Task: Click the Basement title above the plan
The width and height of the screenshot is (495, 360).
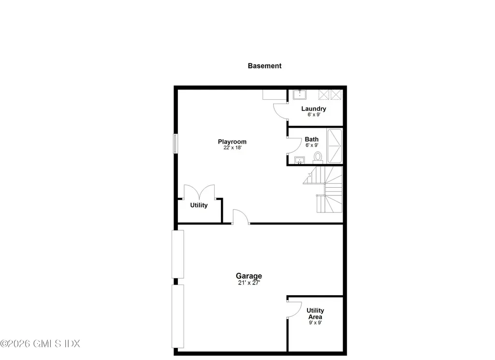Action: coord(264,66)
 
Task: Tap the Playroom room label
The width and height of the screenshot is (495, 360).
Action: coord(232,142)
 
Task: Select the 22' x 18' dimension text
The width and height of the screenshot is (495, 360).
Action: coord(233,148)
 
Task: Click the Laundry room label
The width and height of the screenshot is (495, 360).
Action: coord(313,108)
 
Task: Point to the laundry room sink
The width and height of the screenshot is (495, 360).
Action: coord(299,94)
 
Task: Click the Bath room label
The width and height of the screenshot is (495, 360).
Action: coord(312,139)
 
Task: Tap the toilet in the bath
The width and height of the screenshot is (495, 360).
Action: coord(318,157)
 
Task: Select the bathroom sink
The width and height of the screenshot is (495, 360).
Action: coord(300,160)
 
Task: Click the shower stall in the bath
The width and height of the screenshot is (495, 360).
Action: coord(335,146)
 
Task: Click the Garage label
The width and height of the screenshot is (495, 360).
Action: coord(249,276)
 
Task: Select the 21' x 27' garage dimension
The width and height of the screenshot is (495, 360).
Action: coord(249,283)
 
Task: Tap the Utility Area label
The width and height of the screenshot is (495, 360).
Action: coord(315,314)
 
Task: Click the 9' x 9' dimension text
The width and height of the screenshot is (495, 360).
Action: coord(315,323)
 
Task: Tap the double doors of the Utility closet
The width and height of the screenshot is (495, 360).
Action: coord(199,192)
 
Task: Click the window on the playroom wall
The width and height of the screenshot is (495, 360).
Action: coord(175,144)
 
